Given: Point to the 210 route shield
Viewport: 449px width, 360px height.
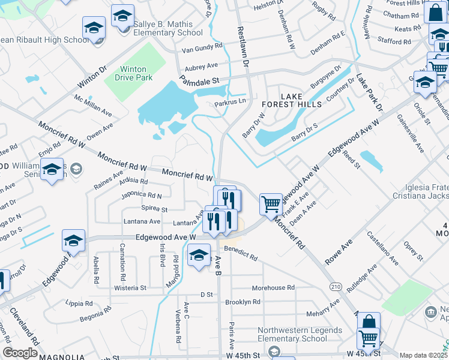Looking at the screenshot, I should (335, 287).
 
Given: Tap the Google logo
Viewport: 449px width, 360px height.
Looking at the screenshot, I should (20, 353).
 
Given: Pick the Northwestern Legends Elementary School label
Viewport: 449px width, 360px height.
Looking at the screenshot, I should (300, 334).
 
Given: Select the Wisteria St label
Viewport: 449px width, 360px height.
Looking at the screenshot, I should (130, 288).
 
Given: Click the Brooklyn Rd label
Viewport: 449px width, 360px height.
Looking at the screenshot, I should (244, 302).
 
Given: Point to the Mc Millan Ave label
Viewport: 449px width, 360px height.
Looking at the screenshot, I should (93, 105).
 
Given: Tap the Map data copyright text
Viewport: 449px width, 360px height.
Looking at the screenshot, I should (423, 355).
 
